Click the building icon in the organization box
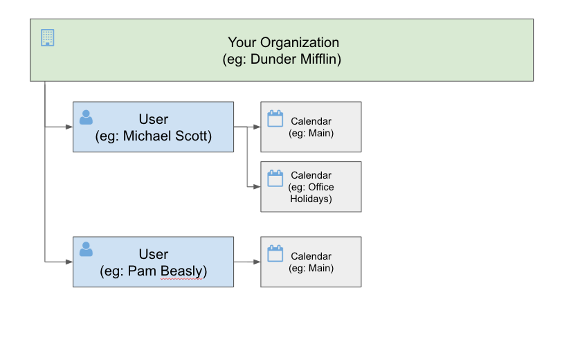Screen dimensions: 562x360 (47, 37)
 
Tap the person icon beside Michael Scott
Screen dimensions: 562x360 (86, 117)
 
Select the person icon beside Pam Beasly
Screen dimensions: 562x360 (86, 249)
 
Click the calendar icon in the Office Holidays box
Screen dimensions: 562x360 (275, 178)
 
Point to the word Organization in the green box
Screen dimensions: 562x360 (300, 43)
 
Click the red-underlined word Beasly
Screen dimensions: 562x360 (181, 271)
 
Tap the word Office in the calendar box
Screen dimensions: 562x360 (321, 187)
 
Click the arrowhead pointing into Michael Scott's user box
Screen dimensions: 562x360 (69, 127)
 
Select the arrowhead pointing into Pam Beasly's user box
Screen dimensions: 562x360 (69, 262)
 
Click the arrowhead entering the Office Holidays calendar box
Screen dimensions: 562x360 (257, 187)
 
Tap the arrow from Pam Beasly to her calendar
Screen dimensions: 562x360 (247, 262)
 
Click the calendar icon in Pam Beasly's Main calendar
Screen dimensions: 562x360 (275, 253)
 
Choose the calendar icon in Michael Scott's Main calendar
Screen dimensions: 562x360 (275, 118)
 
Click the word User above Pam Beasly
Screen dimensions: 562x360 (154, 254)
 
